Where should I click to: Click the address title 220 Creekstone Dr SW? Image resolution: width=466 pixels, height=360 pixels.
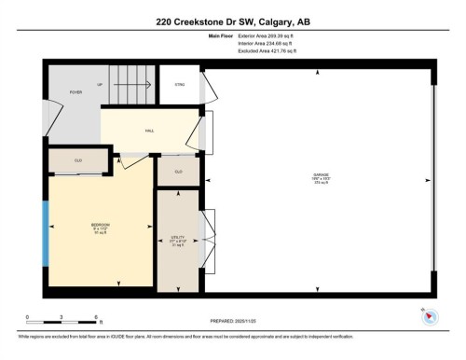coord(232,22)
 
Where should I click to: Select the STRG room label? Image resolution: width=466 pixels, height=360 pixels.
coord(179,85)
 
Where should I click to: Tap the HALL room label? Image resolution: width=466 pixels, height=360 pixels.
coord(148,131)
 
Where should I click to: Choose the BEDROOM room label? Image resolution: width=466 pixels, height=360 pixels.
coord(100,227)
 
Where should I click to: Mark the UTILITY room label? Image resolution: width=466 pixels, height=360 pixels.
coord(176,241)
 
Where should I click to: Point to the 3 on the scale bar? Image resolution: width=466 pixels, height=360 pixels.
coord(61,317)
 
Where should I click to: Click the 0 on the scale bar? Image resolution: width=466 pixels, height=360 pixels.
coord(27,317)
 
